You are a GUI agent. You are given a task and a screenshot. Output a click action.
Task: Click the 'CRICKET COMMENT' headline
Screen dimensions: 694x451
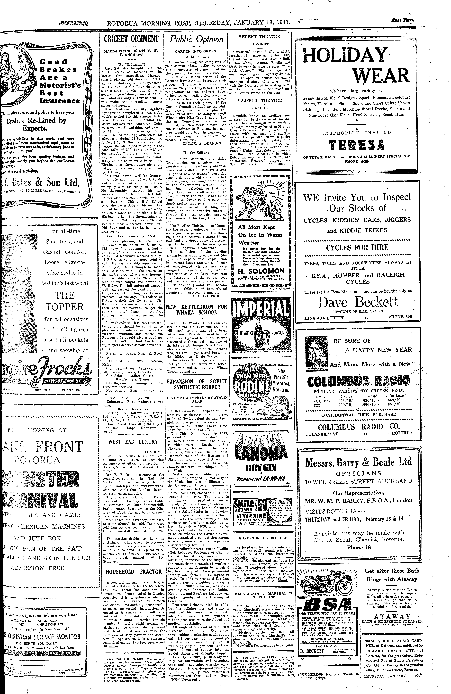click(129, 39)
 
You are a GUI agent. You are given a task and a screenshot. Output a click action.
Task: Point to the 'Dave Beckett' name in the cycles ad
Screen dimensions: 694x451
click(358, 302)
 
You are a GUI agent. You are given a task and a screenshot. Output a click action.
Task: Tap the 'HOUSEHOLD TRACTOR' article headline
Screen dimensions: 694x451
click(134, 572)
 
